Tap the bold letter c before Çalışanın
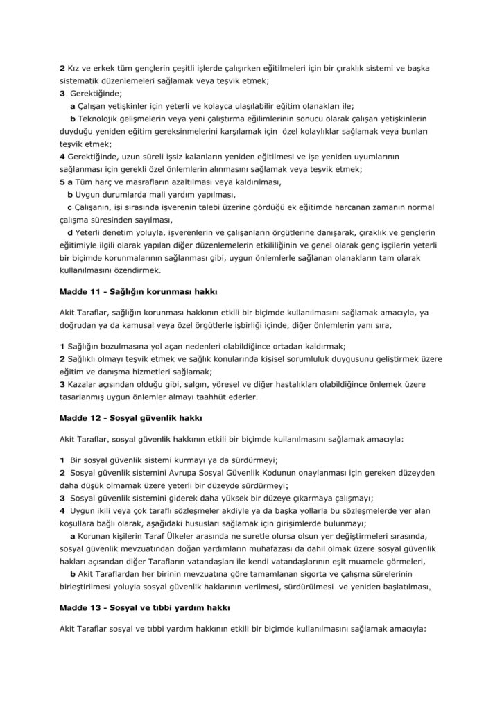coord(69,207)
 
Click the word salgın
coord(197,384)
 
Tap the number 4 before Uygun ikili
coord(62,510)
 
